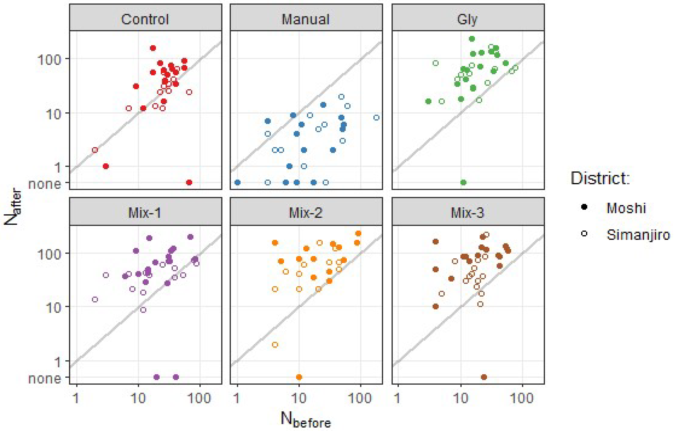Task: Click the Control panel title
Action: pyautogui.click(x=145, y=19)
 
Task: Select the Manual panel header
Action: pyautogui.click(x=306, y=19)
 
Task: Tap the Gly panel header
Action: pyautogui.click(x=467, y=19)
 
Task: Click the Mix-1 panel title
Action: pyautogui.click(x=145, y=213)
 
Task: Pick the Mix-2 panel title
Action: pyautogui.click(x=306, y=213)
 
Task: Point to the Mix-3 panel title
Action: pyautogui.click(x=467, y=213)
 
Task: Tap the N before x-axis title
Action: pyautogui.click(x=306, y=420)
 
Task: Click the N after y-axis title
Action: pyautogui.click(x=13, y=208)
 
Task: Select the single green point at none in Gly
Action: pyautogui.click(x=463, y=182)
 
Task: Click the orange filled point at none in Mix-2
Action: pyautogui.click(x=299, y=377)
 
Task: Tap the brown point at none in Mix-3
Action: pyautogui.click(x=484, y=377)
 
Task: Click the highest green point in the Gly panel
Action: pyautogui.click(x=472, y=39)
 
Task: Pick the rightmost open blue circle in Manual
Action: pyautogui.click(x=376, y=117)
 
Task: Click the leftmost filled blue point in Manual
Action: pyautogui.click(x=237, y=182)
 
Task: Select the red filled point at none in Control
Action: pyautogui.click(x=189, y=182)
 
